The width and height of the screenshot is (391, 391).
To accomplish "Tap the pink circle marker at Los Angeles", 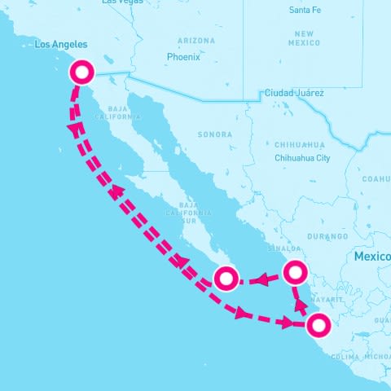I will point(81,72).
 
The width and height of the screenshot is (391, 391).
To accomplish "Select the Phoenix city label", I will point(182,57).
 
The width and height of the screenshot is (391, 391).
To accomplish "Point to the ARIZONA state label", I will point(196,41).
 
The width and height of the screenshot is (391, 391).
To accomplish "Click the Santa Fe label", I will point(306,10).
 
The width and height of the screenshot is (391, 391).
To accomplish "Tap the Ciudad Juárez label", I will point(293,94).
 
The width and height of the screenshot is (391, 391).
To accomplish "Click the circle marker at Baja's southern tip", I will point(226,279).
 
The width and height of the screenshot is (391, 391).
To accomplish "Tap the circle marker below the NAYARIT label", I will point(319,325).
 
